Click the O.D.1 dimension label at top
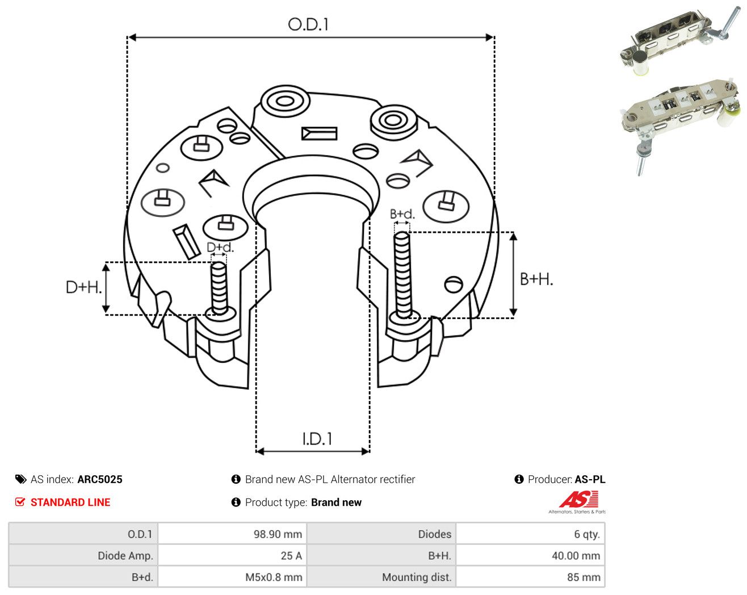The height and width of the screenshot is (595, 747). (x=308, y=24)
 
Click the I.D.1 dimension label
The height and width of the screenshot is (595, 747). (x=317, y=439)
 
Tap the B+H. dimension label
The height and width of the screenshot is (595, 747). (x=536, y=279)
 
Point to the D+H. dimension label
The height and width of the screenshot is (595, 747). (x=84, y=287)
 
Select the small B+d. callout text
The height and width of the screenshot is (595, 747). (x=402, y=214)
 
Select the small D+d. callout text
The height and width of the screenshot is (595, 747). (x=220, y=247)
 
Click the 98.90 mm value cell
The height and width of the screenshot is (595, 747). (x=278, y=534)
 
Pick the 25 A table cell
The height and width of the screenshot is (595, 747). (x=291, y=555)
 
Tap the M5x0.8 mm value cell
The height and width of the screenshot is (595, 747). (x=274, y=577)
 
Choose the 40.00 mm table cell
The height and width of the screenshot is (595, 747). (x=576, y=555)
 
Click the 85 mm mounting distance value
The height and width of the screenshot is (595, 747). (x=584, y=577)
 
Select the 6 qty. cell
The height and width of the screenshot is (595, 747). (x=587, y=534)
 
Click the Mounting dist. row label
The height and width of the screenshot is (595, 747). (x=417, y=577)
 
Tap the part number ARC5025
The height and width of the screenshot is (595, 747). (x=100, y=479)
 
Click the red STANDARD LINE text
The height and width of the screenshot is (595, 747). (x=70, y=502)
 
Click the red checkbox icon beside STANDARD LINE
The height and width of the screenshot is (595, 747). (x=20, y=502)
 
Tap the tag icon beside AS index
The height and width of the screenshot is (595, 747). (x=21, y=479)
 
